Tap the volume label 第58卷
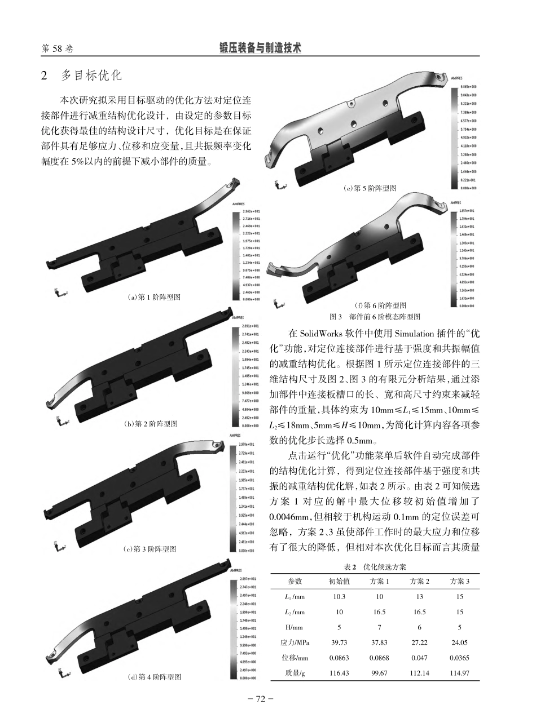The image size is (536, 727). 58,49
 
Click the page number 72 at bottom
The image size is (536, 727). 261,699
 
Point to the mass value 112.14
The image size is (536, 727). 420,672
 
